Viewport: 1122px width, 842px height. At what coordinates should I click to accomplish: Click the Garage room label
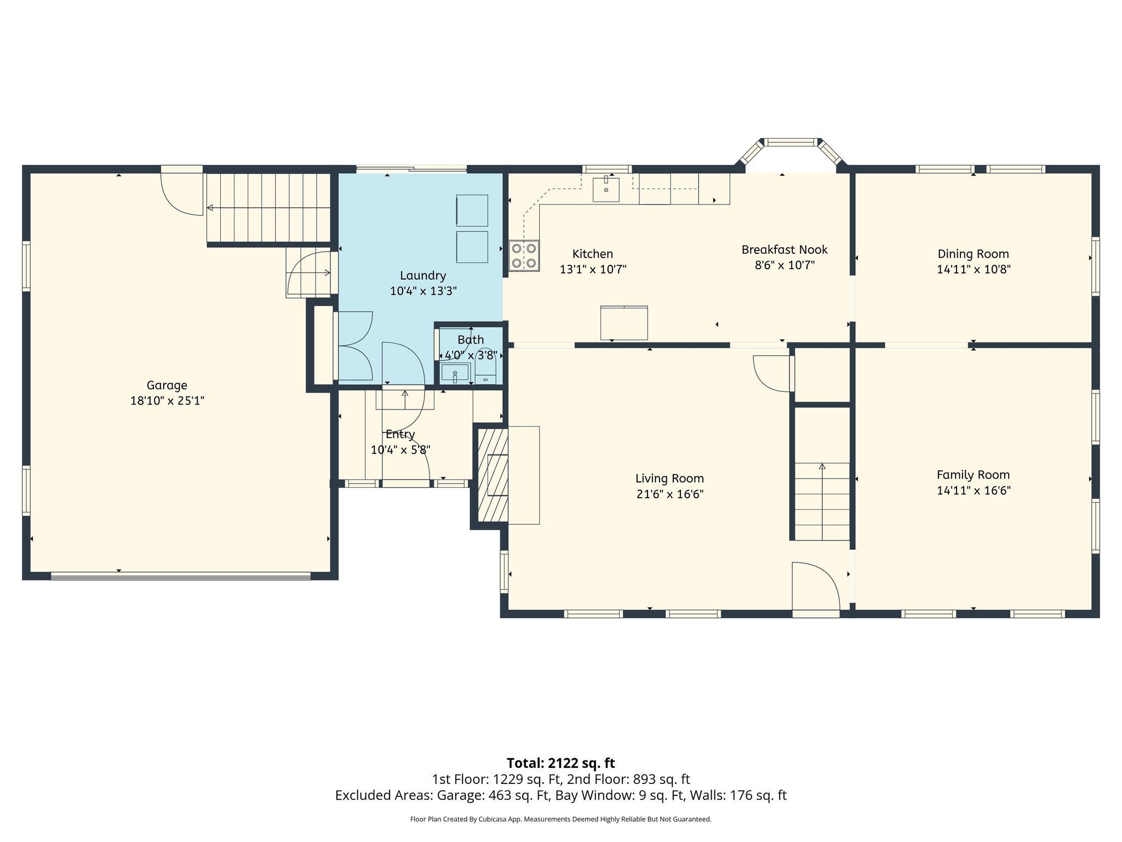167,385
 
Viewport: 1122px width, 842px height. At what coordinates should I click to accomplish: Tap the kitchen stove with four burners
523,256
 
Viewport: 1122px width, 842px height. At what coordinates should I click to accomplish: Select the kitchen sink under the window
606,189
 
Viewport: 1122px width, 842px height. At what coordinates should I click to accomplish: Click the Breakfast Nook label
784,250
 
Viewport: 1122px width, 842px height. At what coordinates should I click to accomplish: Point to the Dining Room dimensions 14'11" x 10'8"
973,270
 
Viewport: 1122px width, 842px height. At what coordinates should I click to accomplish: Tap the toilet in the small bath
485,367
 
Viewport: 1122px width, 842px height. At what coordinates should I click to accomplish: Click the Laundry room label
422,276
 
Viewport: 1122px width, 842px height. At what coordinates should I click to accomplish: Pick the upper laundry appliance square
472,210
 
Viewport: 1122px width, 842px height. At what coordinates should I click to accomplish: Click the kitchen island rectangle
623,323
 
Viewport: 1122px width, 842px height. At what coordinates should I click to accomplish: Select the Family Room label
973,475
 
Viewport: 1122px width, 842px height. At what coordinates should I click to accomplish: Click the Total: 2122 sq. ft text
560,763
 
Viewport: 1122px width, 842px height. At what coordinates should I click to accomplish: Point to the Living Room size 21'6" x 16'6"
669,494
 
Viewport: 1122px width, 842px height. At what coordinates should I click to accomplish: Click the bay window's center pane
789,143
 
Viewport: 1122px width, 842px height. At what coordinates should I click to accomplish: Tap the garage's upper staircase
268,207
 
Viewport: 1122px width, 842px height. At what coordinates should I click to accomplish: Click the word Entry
400,435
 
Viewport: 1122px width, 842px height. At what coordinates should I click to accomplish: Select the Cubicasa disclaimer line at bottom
560,820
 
